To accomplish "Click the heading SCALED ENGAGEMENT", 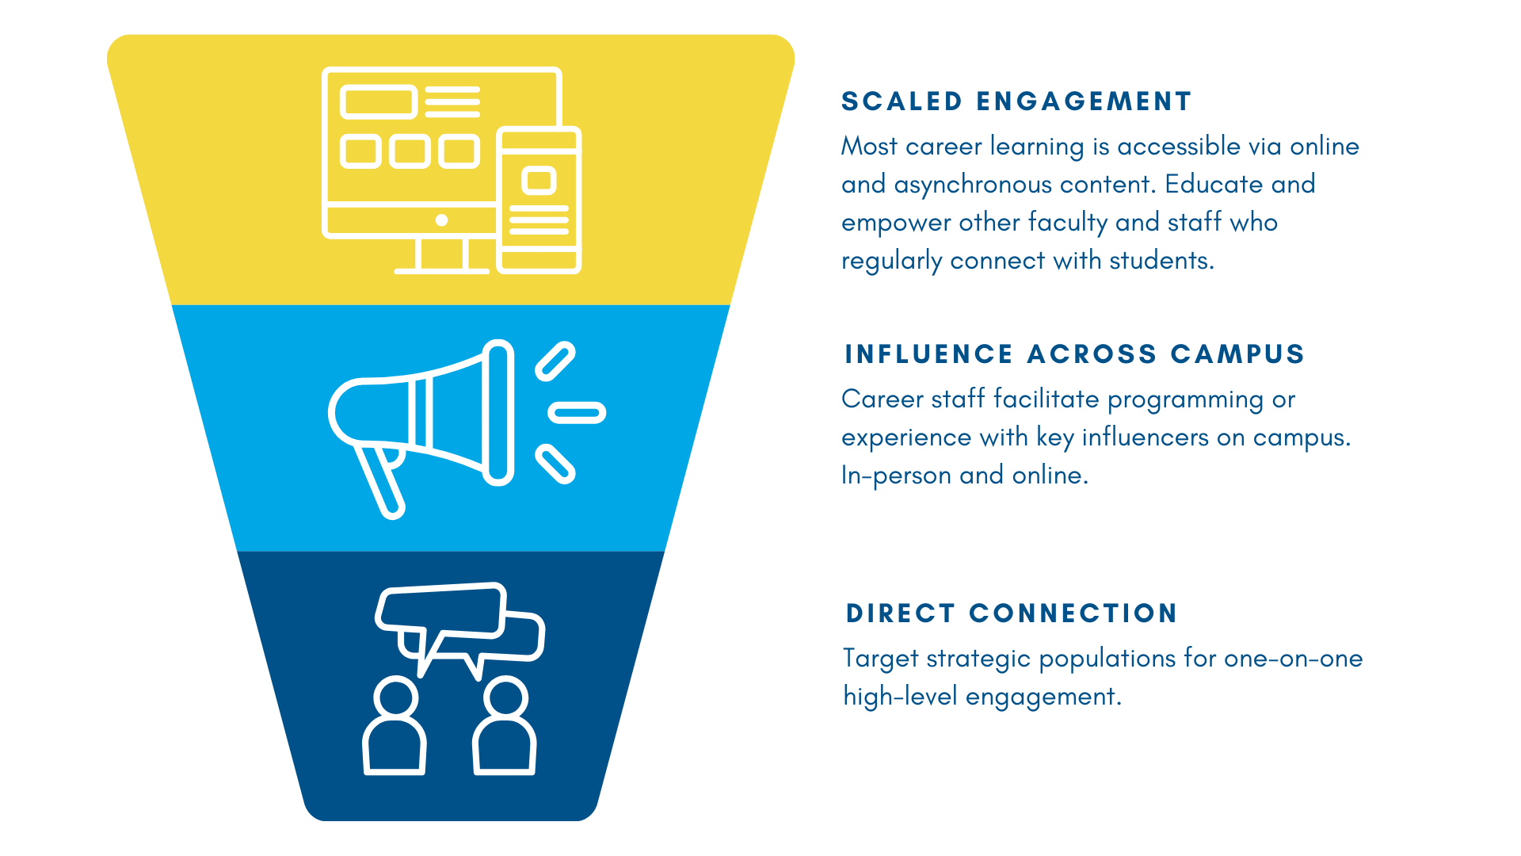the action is (1016, 101).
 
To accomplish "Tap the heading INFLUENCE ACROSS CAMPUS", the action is (1074, 354).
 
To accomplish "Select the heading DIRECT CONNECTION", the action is (1011, 613).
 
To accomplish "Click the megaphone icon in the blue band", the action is (444, 412).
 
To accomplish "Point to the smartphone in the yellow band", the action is (539, 201).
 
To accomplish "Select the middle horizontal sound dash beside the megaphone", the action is (578, 412).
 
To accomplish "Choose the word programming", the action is (1185, 399).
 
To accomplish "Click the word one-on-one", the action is (1293, 659).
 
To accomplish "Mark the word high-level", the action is (900, 697).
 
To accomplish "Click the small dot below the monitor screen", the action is (442, 220).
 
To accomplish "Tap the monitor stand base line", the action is (442, 271).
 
